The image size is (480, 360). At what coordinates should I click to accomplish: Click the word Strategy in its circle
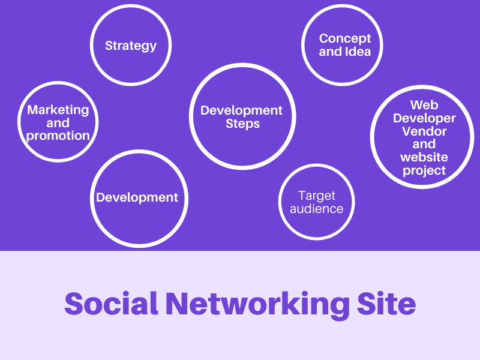(131, 46)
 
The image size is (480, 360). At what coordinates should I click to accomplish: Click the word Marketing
(58, 110)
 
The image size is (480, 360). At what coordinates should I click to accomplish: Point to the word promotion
(58, 136)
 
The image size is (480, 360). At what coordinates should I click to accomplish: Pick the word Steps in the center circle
(242, 124)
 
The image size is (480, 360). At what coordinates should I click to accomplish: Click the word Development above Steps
(241, 110)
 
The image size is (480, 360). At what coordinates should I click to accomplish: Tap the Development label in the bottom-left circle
(137, 197)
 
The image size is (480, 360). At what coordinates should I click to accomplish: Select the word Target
(317, 196)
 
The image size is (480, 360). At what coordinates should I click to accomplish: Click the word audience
(316, 209)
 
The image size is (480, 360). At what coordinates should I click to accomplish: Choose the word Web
(424, 105)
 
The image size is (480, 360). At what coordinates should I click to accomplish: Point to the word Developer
(424, 118)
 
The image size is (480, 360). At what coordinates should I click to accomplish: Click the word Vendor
(424, 131)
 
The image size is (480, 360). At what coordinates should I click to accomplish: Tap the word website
(424, 157)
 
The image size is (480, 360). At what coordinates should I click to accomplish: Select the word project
(424, 170)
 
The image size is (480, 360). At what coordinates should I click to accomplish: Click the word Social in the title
(111, 304)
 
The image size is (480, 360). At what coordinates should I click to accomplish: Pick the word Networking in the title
(257, 305)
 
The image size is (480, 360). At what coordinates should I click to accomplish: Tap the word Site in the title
(388, 304)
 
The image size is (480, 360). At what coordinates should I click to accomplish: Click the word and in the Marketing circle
(58, 123)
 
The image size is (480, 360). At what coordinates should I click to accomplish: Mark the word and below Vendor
(424, 144)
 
